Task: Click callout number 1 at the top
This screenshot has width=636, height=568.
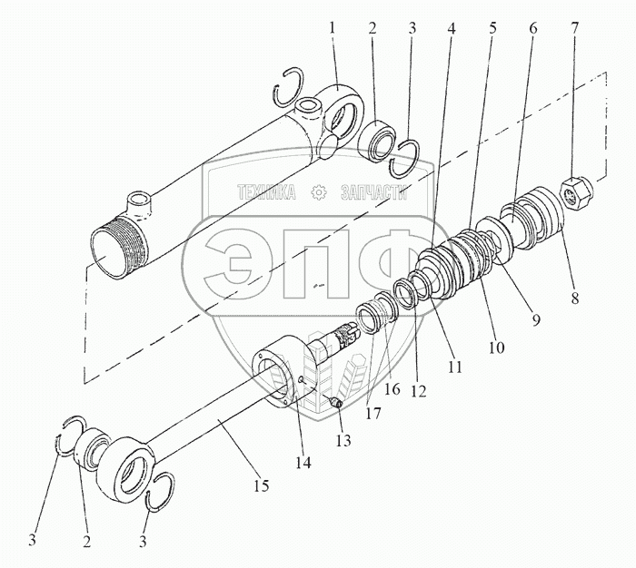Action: pos(333,27)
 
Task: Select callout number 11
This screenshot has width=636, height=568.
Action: pos(454,367)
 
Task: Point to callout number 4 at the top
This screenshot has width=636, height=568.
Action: pos(452,27)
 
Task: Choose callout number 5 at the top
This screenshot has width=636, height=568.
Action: pos(492,27)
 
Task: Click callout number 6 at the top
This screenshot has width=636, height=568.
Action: pos(533,27)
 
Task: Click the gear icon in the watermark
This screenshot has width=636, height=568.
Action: pos(319,192)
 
